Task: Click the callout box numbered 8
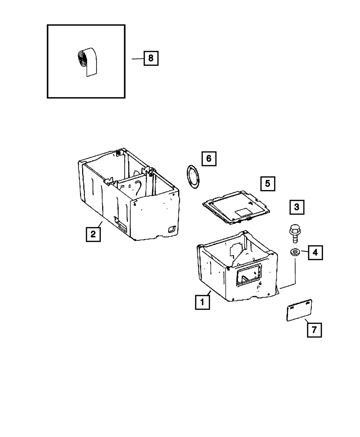(151, 58)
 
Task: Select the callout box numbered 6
(209, 158)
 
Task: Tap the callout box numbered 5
(267, 183)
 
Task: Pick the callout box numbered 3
(296, 207)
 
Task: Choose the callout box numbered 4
(315, 252)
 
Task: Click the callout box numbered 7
(314, 330)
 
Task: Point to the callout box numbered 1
(202, 302)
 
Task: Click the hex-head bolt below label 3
(293, 233)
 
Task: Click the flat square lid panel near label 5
(236, 208)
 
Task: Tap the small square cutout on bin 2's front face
(171, 228)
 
